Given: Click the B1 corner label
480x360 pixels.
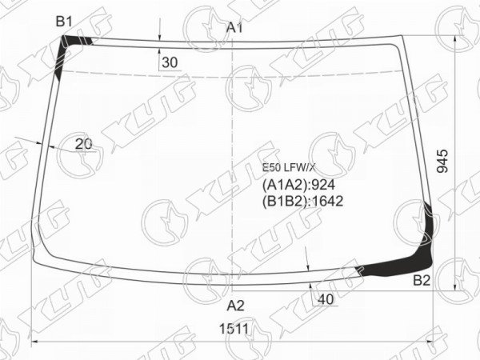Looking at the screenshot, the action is point(64,22).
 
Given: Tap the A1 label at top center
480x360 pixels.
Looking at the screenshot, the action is point(234,27).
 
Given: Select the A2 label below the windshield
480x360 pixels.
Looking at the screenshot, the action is point(235,306).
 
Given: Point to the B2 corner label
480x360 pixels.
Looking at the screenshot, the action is point(422,281).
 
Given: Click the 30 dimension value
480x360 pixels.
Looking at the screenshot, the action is point(170,62).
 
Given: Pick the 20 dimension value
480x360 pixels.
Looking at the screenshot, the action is point(83,144).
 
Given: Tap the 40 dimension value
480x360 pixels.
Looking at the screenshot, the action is point(326,299).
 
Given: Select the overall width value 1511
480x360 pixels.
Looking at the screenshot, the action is point(234,329).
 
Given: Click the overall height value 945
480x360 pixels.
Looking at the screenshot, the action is point(442,162).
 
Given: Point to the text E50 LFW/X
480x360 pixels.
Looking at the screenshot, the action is point(289,167).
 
